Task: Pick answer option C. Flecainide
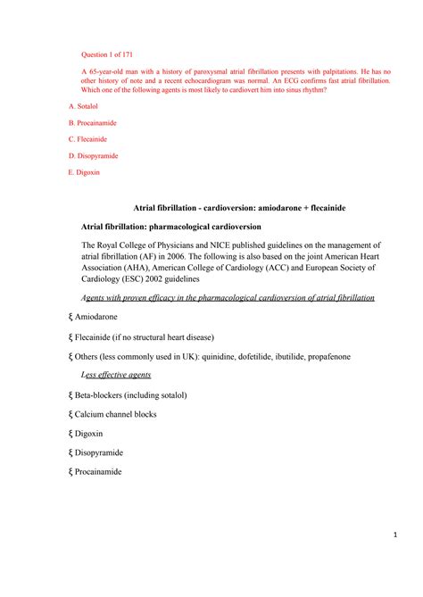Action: [91, 139]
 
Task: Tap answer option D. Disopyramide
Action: [95, 156]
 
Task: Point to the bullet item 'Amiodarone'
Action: [99, 317]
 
